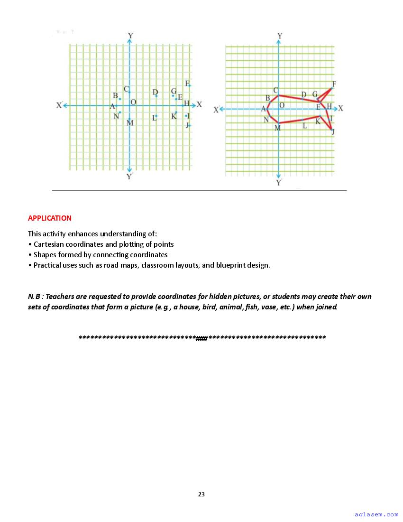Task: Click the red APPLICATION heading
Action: click(50, 218)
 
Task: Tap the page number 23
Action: click(201, 494)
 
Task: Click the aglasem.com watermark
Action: click(376, 514)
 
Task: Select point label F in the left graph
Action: click(188, 84)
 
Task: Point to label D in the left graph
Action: click(155, 92)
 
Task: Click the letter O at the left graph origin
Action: click(133, 102)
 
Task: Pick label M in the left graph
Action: click(130, 123)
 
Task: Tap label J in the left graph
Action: click(187, 125)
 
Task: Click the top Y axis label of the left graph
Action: click(130, 36)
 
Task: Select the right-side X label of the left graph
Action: click(199, 104)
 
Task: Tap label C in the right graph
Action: click(276, 90)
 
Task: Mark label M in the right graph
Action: click(278, 128)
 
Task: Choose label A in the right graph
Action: click(263, 109)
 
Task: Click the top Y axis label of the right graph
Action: click(280, 36)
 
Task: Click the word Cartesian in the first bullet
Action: click(49, 244)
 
